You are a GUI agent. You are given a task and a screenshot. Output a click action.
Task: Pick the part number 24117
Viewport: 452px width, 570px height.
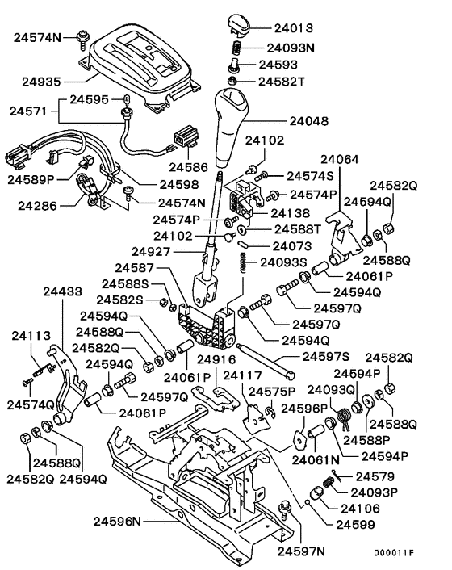point(243,375)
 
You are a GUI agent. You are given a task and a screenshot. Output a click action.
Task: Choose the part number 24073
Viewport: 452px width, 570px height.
point(294,245)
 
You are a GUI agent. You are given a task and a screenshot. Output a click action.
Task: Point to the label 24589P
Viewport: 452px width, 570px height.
point(31,178)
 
